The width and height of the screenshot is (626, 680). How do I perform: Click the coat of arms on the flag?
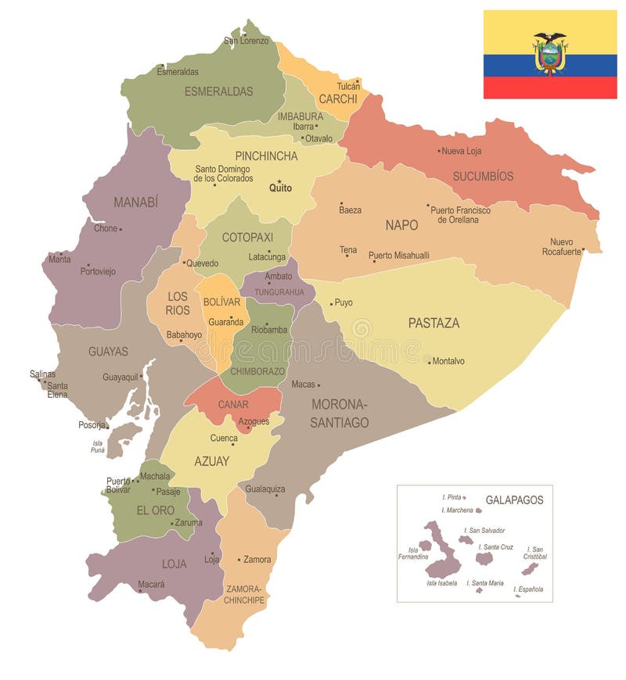(549, 52)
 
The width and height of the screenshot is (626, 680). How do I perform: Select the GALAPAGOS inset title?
(514, 499)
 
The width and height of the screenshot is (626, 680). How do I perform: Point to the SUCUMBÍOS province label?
(483, 176)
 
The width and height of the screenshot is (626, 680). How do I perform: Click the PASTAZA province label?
(434, 323)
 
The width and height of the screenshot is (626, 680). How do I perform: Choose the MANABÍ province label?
(135, 202)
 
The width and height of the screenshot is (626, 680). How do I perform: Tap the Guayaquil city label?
(120, 377)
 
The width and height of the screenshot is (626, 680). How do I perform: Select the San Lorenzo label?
(246, 41)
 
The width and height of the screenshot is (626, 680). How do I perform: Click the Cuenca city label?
(224, 438)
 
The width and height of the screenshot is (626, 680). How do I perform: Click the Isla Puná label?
(98, 446)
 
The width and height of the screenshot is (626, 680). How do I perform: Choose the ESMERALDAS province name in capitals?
(218, 91)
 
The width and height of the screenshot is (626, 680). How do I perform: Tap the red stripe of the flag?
(549, 88)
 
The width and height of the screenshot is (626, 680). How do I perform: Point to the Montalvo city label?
(448, 361)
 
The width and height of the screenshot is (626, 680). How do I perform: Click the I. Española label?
(528, 589)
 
